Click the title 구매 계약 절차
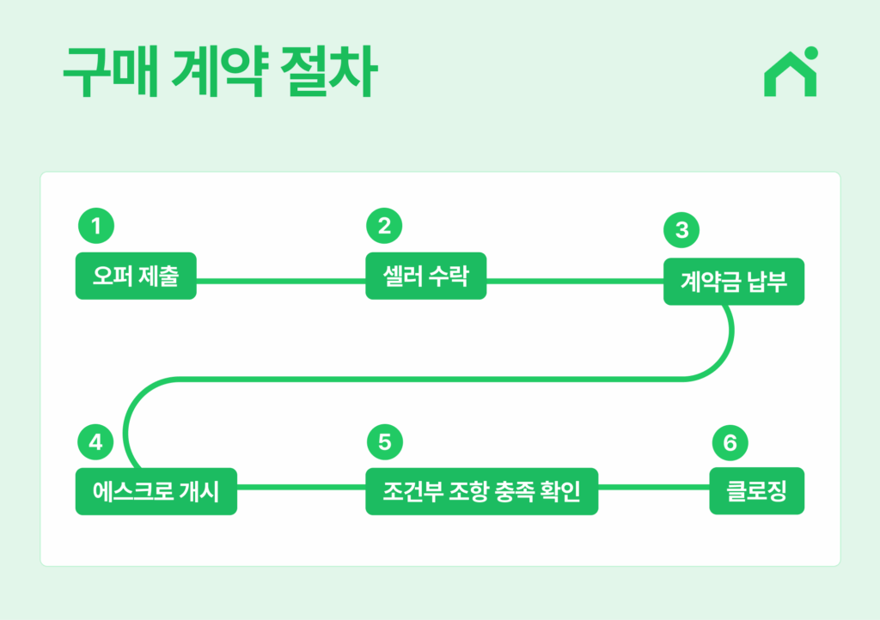click(220, 72)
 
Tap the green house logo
click(791, 72)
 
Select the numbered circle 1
click(96, 226)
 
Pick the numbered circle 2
click(384, 226)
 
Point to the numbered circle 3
click(681, 230)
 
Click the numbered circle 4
click(95, 441)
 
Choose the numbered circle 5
click(385, 441)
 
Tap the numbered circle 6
click(730, 443)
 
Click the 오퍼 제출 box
click(136, 276)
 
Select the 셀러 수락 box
click(426, 276)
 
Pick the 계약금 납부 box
click(734, 282)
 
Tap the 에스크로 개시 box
click(156, 491)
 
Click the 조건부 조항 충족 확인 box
click(481, 491)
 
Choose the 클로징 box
click(756, 490)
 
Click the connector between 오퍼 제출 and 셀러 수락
click(281, 281)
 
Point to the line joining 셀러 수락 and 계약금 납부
click(575, 281)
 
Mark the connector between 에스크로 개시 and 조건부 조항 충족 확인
click(301, 487)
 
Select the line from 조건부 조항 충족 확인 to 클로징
click(654, 487)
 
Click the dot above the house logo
click(811, 53)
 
